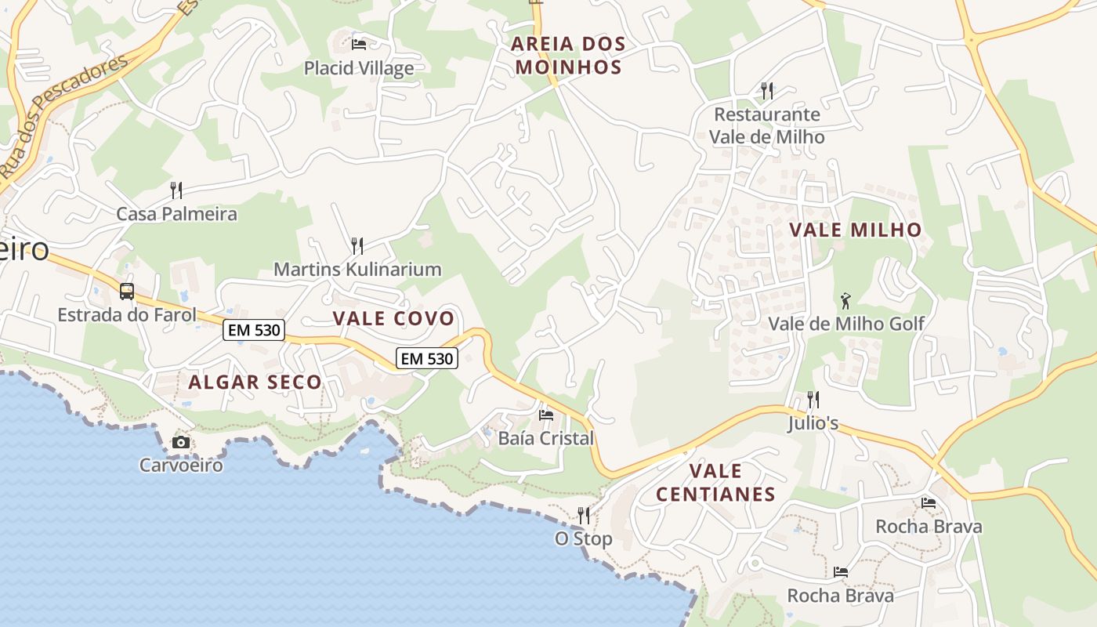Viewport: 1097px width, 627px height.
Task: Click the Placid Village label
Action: point(359,68)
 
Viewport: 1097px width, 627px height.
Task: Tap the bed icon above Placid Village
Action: point(359,44)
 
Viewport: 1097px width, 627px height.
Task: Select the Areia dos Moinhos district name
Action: point(569,55)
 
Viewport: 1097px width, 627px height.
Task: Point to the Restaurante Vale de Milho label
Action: point(767,125)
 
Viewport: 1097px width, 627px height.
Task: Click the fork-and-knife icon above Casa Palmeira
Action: point(176,190)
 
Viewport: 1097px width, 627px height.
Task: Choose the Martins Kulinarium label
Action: point(357,270)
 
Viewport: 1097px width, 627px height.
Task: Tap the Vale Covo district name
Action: point(393,318)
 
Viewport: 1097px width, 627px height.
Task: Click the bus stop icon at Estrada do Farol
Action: point(127,292)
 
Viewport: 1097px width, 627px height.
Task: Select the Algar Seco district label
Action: point(255,382)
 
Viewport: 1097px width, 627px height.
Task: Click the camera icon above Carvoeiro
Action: point(181,443)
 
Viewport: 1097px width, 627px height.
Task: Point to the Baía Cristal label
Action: point(546,438)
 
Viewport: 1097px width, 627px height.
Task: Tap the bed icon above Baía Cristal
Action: point(546,415)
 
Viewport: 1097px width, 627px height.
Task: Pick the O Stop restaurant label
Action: point(584,539)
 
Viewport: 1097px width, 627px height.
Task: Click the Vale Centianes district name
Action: point(715,483)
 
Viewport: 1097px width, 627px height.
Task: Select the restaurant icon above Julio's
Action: point(813,400)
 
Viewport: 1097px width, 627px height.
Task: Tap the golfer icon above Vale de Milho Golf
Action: point(845,300)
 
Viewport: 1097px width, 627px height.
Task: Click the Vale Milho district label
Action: point(855,230)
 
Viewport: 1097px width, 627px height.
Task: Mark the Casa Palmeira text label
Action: point(176,214)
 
